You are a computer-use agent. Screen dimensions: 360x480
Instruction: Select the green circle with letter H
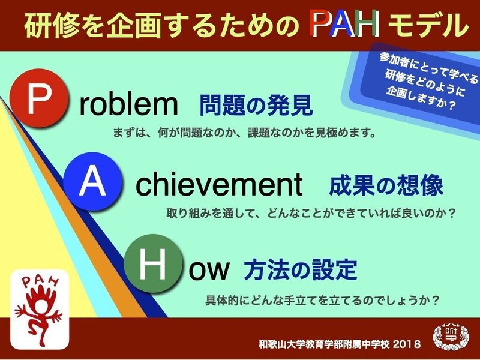click(x=154, y=264)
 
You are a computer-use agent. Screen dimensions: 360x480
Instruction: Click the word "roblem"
click(x=129, y=105)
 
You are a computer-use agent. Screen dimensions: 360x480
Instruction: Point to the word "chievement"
click(x=219, y=186)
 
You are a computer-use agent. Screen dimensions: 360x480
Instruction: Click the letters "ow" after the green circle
click(x=209, y=270)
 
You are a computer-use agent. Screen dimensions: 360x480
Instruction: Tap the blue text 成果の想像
click(x=386, y=186)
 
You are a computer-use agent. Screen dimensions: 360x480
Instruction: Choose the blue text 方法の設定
click(x=300, y=270)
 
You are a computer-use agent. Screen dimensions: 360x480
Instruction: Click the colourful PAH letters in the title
click(x=344, y=25)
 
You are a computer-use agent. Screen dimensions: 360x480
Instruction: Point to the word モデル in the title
click(x=427, y=26)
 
